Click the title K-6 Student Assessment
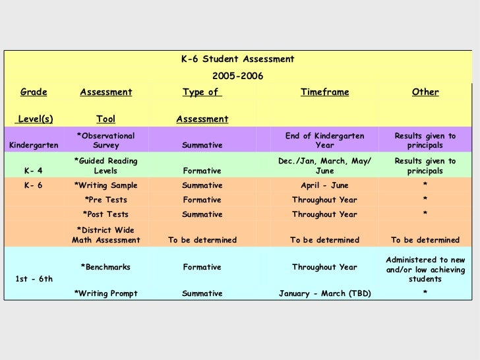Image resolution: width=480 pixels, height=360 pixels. click(x=237, y=59)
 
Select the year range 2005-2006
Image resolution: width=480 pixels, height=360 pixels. click(x=237, y=77)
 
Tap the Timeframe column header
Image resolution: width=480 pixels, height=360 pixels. click(x=324, y=92)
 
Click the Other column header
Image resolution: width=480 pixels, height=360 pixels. click(x=425, y=92)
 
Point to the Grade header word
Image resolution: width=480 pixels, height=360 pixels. click(x=34, y=92)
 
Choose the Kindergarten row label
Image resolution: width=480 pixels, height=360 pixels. click(x=34, y=145)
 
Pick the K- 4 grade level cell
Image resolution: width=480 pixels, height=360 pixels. click(x=34, y=171)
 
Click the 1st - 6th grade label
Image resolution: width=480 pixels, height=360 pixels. click(x=34, y=280)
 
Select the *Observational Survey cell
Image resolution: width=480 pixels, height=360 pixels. click(x=105, y=140)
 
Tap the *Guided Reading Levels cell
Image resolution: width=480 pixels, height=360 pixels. click(x=105, y=166)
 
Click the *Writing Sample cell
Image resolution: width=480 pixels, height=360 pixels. click(x=105, y=186)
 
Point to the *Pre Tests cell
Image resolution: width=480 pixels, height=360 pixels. click(x=105, y=200)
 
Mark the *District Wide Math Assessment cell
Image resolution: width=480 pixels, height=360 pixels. click(x=105, y=235)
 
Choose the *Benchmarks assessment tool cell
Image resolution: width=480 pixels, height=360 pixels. click(x=105, y=268)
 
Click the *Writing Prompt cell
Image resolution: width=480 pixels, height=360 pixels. click(x=105, y=294)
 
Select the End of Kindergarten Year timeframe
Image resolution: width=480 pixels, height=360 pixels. click(x=324, y=140)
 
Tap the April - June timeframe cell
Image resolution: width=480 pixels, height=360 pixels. click(x=324, y=186)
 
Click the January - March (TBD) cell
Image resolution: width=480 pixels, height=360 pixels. click(x=324, y=294)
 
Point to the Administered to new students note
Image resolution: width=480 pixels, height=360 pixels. click(x=425, y=270)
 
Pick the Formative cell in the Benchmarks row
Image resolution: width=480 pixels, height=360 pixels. click(x=202, y=268)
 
